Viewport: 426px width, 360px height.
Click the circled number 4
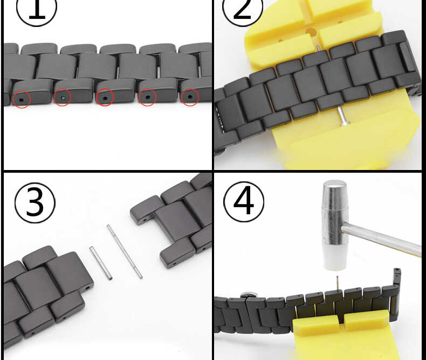244,201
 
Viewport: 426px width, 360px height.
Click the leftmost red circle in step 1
22,99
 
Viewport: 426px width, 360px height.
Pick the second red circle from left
63,98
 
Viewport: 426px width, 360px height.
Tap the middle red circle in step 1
104,98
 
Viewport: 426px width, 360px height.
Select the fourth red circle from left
147,97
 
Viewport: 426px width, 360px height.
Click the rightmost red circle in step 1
189,97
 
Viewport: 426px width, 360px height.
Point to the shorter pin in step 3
101,263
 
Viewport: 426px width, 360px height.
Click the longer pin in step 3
125,252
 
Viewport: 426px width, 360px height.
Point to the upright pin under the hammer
336,284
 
